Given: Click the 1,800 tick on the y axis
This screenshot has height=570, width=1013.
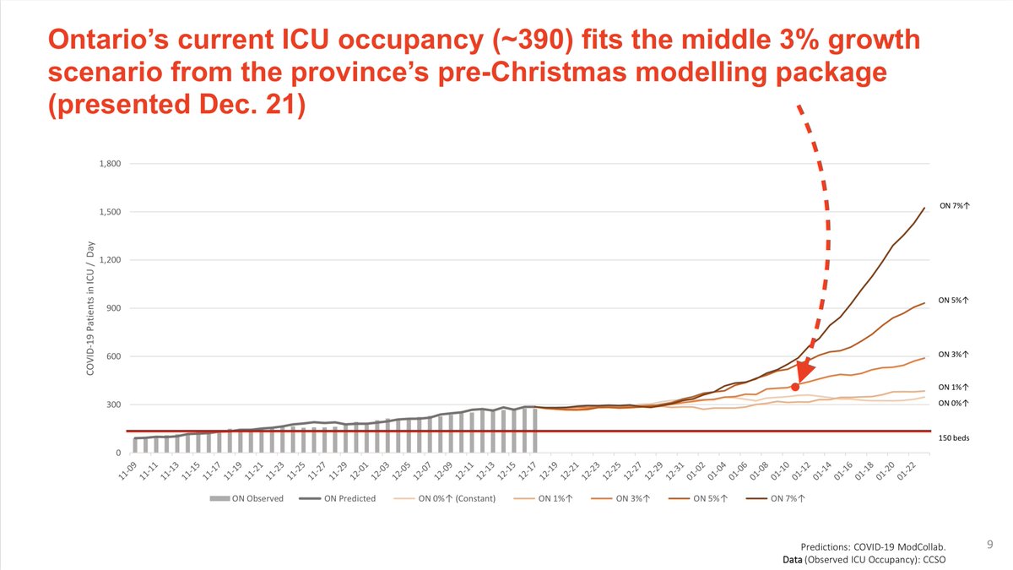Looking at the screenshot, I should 111,164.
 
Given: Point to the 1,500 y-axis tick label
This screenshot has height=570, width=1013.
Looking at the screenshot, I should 111,212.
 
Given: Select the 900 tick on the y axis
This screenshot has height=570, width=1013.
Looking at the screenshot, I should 114,308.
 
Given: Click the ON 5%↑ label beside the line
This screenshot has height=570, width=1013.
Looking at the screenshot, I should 952,300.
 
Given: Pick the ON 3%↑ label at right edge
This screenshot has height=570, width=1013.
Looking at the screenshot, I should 952,354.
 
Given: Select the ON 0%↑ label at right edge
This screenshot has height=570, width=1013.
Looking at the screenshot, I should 952,403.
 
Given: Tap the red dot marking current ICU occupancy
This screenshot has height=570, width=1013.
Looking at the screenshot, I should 795,387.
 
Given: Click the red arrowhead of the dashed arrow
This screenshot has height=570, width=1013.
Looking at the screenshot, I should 803,371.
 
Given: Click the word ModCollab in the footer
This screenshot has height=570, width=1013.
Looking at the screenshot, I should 931,547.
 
